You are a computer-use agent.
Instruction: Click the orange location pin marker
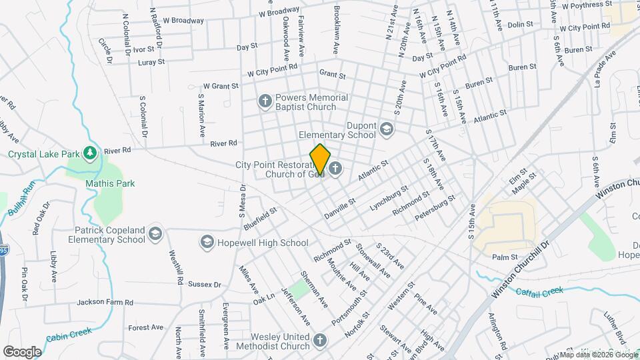[320, 159]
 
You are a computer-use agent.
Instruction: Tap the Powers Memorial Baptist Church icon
[265, 102]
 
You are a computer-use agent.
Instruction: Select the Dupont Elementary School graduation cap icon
[387, 129]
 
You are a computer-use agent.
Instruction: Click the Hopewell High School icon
[207, 242]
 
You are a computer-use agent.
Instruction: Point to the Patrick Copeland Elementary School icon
[155, 233]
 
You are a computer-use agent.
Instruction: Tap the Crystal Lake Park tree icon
[90, 154]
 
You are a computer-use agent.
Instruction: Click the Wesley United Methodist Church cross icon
[320, 341]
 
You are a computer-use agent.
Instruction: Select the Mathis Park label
[110, 183]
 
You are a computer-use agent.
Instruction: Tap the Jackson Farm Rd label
[105, 302]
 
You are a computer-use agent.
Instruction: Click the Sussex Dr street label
[204, 284]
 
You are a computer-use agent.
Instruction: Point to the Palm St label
[505, 257]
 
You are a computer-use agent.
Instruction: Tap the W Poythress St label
[587, 5]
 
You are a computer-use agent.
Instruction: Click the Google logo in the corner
[22, 351]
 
